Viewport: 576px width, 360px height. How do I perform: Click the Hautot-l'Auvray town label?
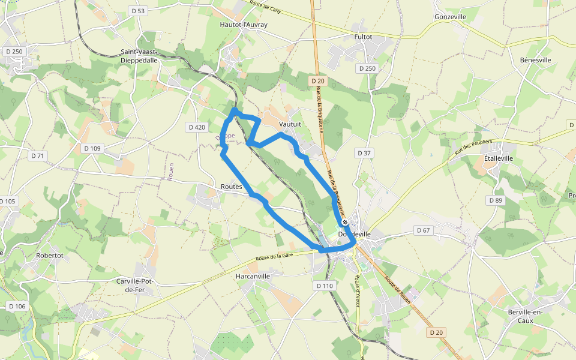coord(244,25)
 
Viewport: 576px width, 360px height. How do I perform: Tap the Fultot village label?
coord(363,37)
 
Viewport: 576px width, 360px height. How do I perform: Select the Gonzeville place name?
coord(450,17)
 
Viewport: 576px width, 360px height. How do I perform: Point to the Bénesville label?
coord(535,60)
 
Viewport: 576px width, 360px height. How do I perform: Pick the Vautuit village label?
coord(290,124)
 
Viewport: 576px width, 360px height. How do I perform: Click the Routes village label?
coord(231,187)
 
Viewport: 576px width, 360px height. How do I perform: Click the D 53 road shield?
coord(137,11)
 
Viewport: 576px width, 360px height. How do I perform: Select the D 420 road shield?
coord(196,127)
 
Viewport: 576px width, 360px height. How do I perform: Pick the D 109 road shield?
coord(93,148)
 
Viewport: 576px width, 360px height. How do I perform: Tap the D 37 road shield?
coord(364,153)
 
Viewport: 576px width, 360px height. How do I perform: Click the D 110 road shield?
coord(323,286)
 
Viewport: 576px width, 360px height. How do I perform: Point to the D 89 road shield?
coord(495,200)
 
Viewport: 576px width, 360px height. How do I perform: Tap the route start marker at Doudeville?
coord(344,221)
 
